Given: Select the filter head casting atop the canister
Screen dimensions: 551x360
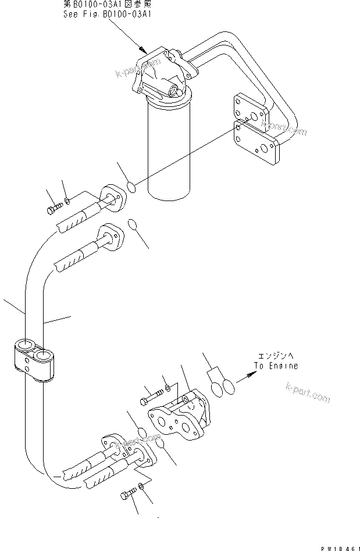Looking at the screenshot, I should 163,76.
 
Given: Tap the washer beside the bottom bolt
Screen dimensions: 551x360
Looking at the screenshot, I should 142,487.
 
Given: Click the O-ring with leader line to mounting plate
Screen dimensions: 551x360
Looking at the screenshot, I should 132,187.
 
